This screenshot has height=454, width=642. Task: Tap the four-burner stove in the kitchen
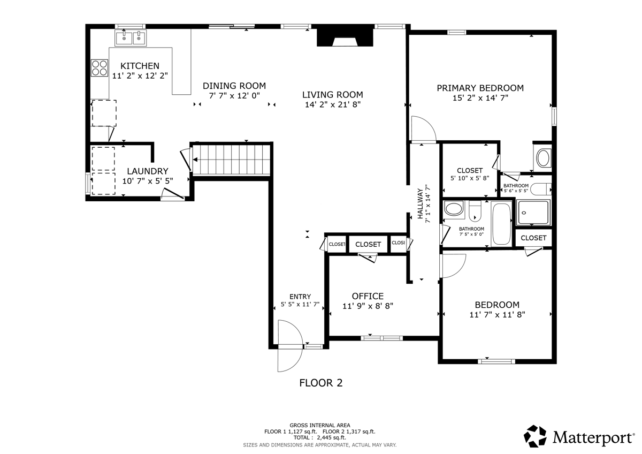pyautogui.click(x=99, y=67)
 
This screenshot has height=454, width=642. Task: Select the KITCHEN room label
pyautogui.click(x=140, y=66)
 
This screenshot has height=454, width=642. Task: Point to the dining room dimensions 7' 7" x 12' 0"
pyautogui.click(x=234, y=95)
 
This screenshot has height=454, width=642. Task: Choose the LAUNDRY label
pyautogui.click(x=148, y=171)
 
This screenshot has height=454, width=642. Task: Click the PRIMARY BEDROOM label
pyautogui.click(x=480, y=88)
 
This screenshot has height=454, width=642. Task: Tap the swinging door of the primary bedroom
pyautogui.click(x=423, y=131)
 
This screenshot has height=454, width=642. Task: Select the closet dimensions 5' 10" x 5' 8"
pyautogui.click(x=469, y=178)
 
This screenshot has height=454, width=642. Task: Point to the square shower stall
pyautogui.click(x=533, y=213)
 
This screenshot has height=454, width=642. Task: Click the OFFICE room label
pyautogui.click(x=368, y=296)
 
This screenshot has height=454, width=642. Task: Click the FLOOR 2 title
pyautogui.click(x=320, y=383)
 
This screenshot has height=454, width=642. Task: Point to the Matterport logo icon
pyautogui.click(x=535, y=436)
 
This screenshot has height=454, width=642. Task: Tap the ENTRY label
pyautogui.click(x=300, y=297)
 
